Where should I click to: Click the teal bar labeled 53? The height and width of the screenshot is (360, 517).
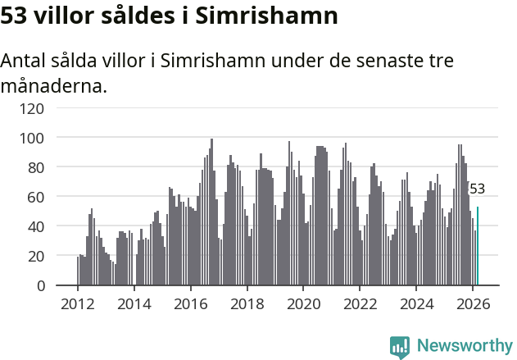(x=478, y=246)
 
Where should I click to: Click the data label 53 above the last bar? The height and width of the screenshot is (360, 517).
(x=477, y=189)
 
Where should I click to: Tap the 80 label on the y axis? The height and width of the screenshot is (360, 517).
(x=35, y=167)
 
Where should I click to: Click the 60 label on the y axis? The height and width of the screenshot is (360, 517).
(x=35, y=197)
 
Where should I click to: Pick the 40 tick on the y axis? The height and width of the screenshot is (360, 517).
(x=35, y=226)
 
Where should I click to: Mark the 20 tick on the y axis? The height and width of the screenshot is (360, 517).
(x=35, y=256)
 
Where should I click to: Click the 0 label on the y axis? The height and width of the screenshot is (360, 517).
(x=39, y=285)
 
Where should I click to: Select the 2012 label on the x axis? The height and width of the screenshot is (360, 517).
(x=78, y=304)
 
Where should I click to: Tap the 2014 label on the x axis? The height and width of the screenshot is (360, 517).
(x=134, y=304)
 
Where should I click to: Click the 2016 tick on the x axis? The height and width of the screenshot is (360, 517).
(x=191, y=304)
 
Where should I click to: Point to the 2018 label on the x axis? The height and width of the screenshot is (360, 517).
(x=247, y=304)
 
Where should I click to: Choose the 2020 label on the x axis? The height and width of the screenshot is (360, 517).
(x=303, y=304)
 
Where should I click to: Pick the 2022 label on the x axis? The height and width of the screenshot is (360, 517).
(x=360, y=304)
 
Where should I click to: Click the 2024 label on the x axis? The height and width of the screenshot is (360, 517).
(x=415, y=304)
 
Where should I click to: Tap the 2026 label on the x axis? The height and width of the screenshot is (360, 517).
(x=472, y=304)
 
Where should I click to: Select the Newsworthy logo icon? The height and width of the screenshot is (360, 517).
(x=400, y=346)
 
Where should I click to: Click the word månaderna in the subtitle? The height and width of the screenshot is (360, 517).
(x=53, y=85)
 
